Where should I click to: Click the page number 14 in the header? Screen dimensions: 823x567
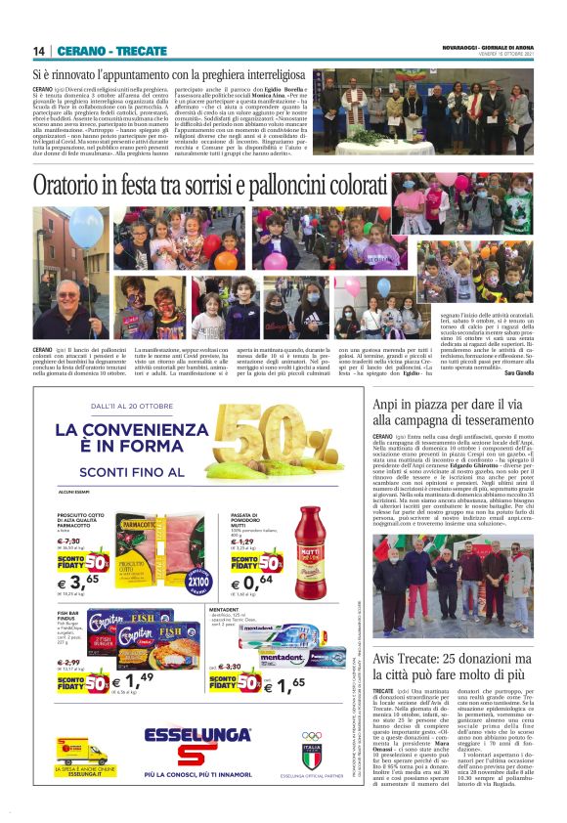pos(38,51)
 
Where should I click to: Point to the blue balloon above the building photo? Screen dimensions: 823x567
pos(85,224)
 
